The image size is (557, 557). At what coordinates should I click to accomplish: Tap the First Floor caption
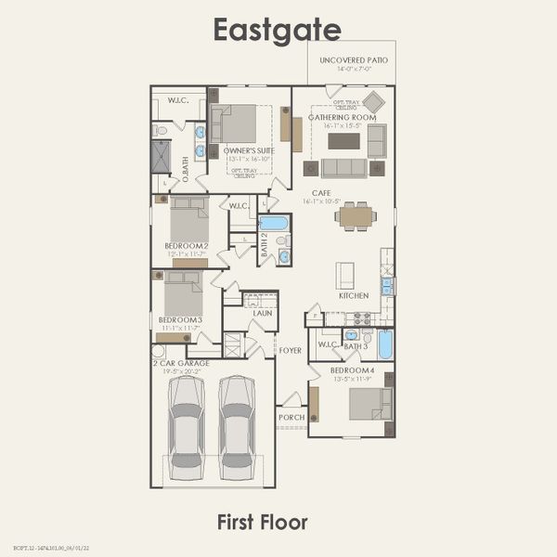(x=263, y=522)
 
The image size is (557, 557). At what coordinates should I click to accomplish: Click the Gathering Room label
(x=343, y=117)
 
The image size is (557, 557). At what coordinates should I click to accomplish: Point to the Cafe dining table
(x=356, y=217)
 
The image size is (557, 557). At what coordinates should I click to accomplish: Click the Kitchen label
(x=354, y=295)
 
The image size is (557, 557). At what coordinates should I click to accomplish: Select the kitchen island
(x=344, y=274)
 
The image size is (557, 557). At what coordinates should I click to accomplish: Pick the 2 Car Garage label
(x=181, y=363)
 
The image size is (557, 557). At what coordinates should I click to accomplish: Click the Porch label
(x=291, y=418)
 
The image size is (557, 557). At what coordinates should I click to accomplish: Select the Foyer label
(x=291, y=351)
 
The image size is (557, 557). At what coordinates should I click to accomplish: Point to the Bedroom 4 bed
(x=371, y=404)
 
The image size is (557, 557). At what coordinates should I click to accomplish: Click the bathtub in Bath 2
(x=274, y=223)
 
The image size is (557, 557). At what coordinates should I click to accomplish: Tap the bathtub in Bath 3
(x=385, y=343)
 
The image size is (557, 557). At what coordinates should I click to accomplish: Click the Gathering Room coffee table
(x=343, y=141)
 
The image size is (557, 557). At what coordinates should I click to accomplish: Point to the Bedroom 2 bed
(x=188, y=224)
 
